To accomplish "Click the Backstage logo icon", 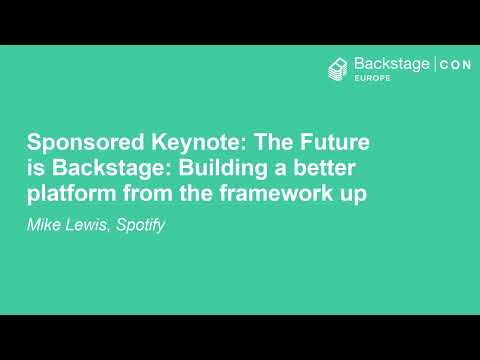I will point(338,68).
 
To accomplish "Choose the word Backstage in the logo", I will point(392,65).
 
